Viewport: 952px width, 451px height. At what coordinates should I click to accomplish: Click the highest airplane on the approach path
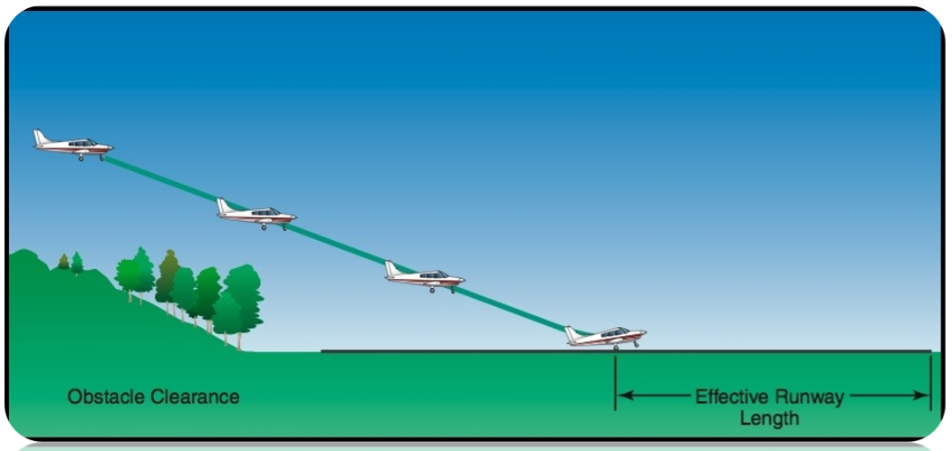[x=73, y=144]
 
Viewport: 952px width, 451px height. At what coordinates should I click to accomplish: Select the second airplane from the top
[x=256, y=214]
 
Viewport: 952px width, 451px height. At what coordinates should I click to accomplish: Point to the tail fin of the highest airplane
[x=40, y=137]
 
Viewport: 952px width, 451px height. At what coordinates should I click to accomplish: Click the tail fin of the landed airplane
[x=572, y=332]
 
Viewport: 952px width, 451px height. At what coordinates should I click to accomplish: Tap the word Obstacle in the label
[x=101, y=397]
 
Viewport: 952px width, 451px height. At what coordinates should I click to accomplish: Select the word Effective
[x=730, y=397]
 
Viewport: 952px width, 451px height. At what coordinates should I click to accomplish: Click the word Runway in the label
[x=813, y=397]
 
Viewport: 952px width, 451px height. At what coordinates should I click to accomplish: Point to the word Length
[x=770, y=418]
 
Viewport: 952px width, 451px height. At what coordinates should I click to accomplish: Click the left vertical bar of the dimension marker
[x=615, y=381]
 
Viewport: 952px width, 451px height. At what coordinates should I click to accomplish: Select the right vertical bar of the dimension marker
[x=930, y=381]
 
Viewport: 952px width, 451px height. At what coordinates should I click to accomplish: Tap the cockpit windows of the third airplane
[x=433, y=273]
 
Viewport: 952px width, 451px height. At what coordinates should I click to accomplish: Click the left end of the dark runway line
[x=323, y=351]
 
